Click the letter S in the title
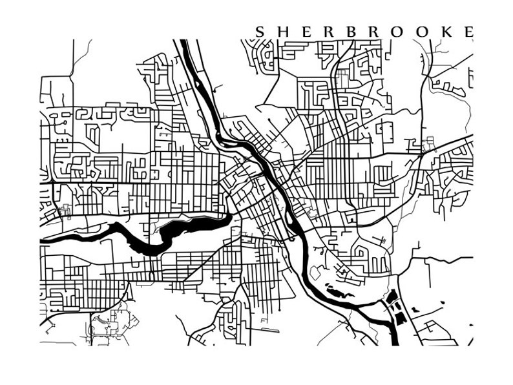[x=260, y=31]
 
